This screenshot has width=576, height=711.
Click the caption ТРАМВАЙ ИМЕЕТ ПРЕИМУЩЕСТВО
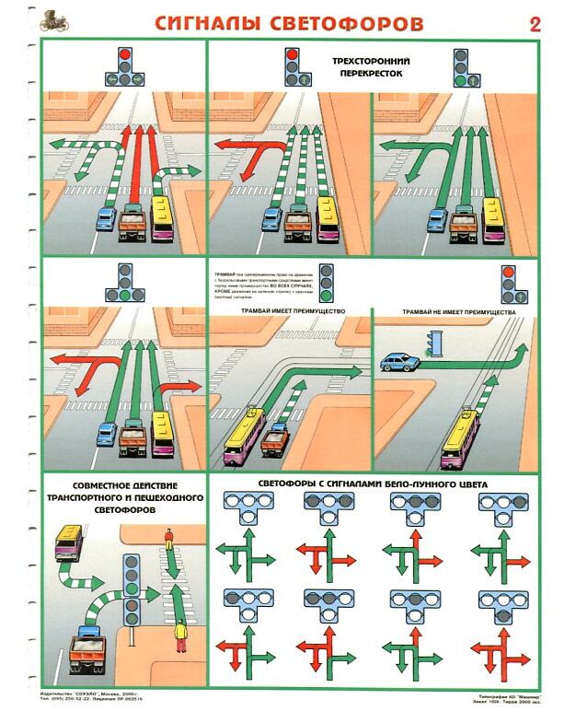290,311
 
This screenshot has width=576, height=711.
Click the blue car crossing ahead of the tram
397,361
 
